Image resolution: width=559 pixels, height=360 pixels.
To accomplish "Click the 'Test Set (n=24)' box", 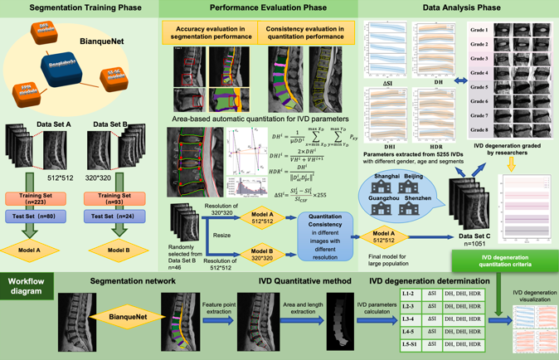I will coord(114,216).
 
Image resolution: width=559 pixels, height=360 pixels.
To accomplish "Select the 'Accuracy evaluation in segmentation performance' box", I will coord(202,32).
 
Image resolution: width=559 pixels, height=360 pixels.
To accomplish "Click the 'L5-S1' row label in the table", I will coord(409,342).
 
